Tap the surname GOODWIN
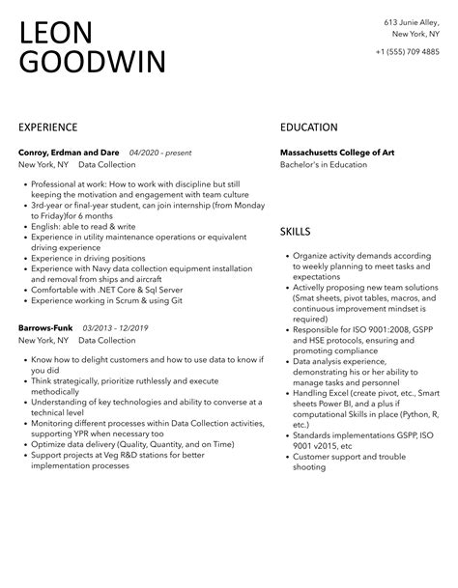[x=92, y=64]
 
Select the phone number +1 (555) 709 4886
[x=407, y=51]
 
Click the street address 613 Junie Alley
[x=410, y=21]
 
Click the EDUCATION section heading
[x=308, y=127]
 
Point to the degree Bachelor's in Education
[x=324, y=165]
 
